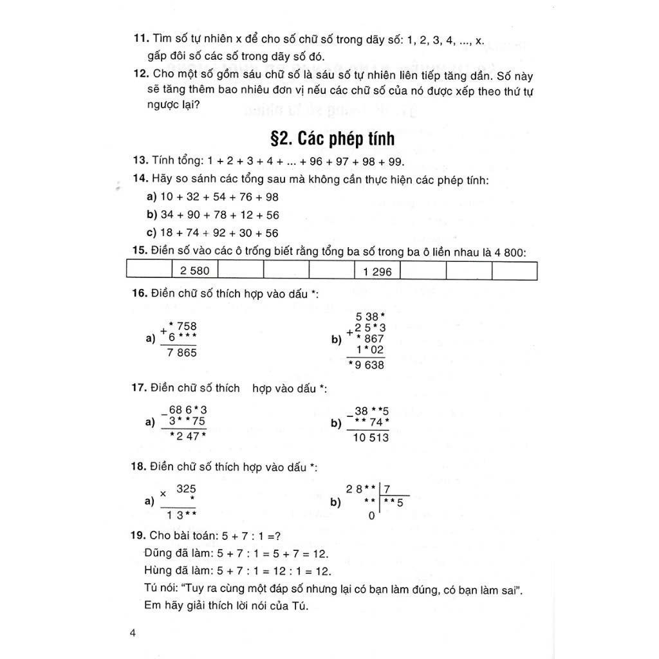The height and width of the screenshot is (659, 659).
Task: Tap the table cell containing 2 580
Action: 195,271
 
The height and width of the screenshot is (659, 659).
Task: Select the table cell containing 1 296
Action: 377,272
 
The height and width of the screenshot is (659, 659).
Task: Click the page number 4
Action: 133,633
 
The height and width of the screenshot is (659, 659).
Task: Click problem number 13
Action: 141,161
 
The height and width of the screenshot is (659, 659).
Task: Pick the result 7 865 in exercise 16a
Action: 181,353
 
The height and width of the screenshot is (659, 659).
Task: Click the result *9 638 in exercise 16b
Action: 366,365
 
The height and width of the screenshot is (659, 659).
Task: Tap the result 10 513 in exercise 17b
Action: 371,438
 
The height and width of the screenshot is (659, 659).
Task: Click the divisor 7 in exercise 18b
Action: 387,490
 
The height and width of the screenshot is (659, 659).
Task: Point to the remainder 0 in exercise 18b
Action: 371,515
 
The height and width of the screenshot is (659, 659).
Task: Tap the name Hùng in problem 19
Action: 159,570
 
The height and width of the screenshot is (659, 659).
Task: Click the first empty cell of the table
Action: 149,271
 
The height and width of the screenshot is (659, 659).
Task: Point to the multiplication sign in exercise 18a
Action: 163,494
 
